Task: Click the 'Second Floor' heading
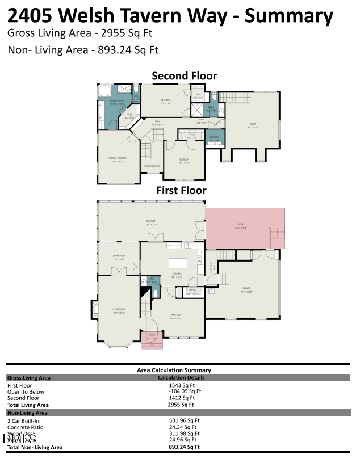(183, 76)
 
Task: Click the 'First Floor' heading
(181, 191)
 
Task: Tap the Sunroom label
(150, 222)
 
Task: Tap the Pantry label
(192, 293)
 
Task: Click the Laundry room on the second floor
(214, 138)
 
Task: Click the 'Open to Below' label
(152, 166)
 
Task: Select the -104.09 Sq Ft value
(185, 391)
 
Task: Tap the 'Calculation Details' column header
(181, 377)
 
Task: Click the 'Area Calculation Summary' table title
(174, 370)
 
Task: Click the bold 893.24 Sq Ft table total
(184, 447)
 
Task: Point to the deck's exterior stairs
(277, 235)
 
